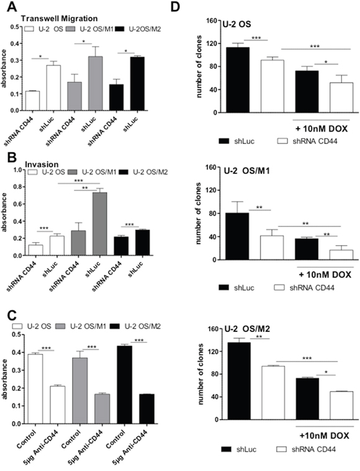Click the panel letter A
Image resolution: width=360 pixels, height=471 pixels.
coord(11,7)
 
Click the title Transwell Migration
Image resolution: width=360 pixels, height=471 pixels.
coord(59,19)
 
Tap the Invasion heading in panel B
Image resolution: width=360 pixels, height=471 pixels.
coord(42,164)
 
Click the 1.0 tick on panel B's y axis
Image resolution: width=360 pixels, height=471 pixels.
coord(18,169)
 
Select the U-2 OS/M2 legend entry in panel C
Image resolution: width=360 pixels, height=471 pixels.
coord(135,326)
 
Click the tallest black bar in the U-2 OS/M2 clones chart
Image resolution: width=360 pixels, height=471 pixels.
coord(239,381)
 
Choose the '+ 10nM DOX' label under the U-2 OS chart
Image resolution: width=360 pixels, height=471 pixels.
coord(322,129)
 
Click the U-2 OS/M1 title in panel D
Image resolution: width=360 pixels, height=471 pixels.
coord(246,171)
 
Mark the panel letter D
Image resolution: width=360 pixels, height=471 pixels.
coord(175,7)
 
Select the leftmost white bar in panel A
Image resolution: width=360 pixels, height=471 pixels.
coord(32,101)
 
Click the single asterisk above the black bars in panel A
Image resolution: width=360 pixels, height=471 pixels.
coord(126,51)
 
